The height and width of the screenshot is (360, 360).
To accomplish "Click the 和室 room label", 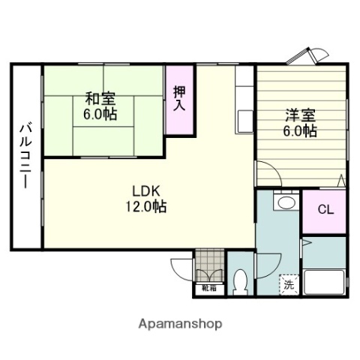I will [100, 98].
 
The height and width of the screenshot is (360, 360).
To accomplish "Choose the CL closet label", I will [325, 209].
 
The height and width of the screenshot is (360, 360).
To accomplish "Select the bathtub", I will [323, 283].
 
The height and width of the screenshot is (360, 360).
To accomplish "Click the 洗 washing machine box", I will [289, 284].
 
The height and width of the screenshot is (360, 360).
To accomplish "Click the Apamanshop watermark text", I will [180, 324].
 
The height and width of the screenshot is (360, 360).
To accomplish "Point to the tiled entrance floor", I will [209, 267].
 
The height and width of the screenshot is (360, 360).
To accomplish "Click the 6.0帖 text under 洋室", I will [300, 131].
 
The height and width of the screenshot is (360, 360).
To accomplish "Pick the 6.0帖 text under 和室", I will [100, 114].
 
